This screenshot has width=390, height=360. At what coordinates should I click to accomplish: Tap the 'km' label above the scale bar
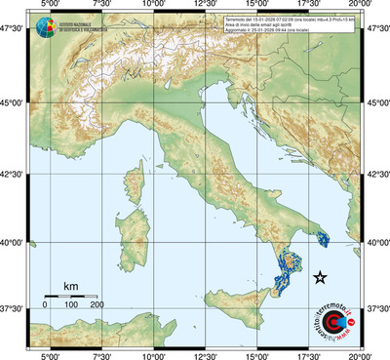[x=70, y=286]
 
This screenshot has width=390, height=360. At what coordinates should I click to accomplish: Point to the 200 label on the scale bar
[x=97, y=305]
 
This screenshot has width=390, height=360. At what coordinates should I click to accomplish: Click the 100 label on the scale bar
[x=71, y=305]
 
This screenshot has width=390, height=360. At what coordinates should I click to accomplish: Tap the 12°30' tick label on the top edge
[x=206, y=5]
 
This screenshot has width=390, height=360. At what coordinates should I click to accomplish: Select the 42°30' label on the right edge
[x=377, y=176]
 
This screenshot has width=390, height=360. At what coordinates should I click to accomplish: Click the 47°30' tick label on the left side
[x=13, y=31]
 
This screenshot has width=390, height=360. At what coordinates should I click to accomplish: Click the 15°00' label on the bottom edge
[x=257, y=355]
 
